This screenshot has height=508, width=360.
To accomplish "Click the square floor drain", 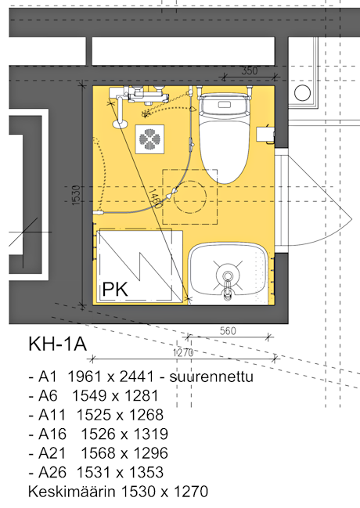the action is click(x=149, y=139).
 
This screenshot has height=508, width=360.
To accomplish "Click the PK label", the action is click(x=115, y=289).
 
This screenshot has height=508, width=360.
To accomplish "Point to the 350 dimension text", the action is click(x=250, y=70).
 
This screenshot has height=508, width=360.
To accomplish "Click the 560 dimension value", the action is click(x=228, y=331).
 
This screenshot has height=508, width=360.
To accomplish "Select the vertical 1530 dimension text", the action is click(x=75, y=195).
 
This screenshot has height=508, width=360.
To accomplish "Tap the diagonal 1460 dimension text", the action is click(x=154, y=199).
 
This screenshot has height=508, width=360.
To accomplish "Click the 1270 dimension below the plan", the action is click(x=183, y=352).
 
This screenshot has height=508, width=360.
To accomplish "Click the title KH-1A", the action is click(x=58, y=344).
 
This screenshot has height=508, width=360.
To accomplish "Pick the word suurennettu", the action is click(x=211, y=376).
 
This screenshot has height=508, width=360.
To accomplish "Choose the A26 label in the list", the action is click(x=52, y=472).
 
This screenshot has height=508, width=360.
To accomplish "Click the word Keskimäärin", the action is click(x=72, y=492).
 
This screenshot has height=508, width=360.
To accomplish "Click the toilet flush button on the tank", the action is click(x=224, y=105).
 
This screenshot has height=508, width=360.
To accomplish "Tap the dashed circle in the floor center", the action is click(x=190, y=196).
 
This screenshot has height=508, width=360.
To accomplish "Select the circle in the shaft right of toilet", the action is click(x=302, y=92).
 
